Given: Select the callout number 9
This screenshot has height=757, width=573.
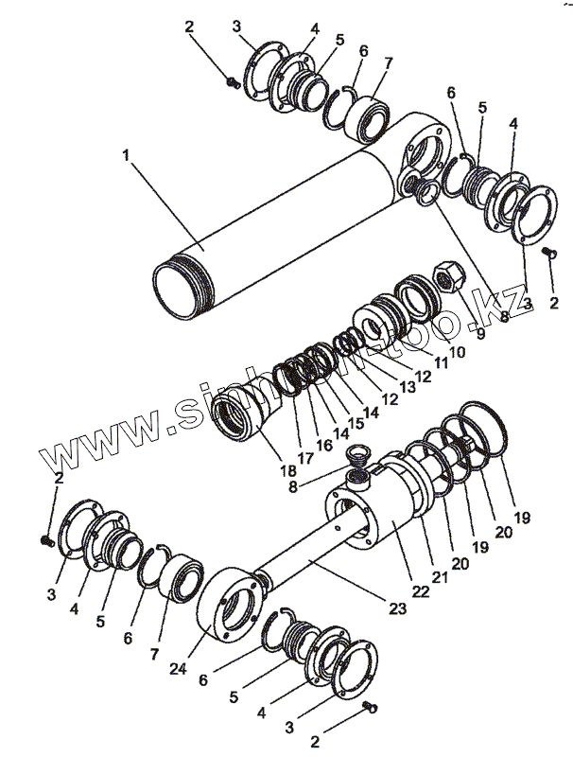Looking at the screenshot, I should click(x=480, y=333).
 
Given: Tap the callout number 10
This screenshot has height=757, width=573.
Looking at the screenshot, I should click(x=457, y=351).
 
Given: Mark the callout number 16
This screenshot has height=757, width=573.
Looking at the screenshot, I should click(x=323, y=444).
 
